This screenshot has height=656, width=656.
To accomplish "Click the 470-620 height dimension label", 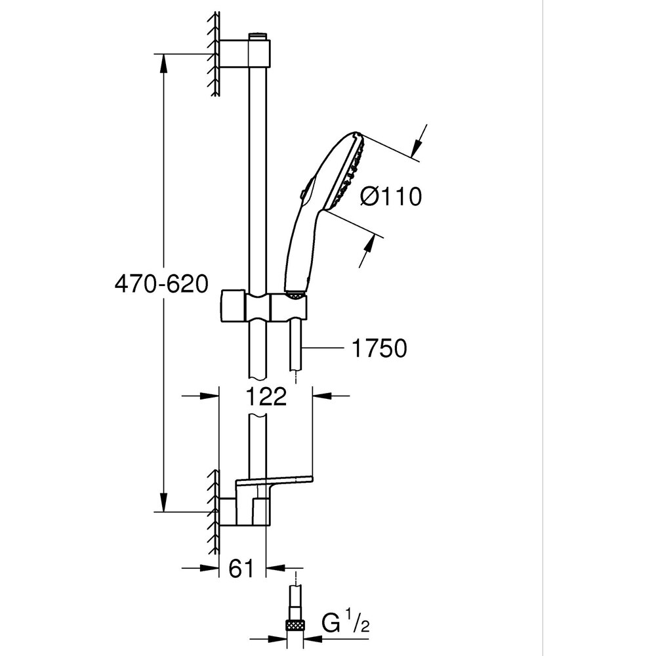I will [161, 284].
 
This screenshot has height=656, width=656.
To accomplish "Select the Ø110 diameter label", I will [391, 195].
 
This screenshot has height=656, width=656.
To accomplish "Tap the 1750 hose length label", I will [379, 348].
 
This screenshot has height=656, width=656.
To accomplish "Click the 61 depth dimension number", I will [241, 569].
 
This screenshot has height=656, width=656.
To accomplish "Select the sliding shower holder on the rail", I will [262, 305].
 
